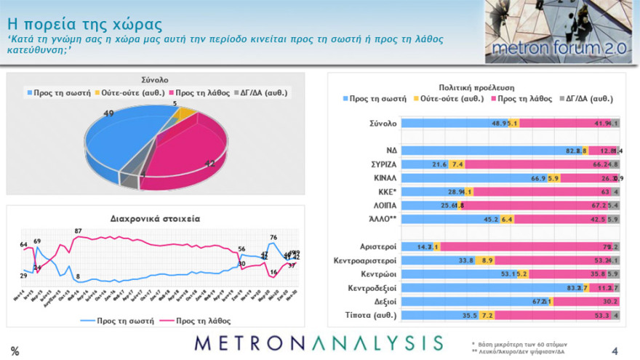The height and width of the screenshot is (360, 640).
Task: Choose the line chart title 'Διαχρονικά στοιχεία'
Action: click(155, 217)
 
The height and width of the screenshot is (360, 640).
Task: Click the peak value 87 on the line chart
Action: click(78, 231)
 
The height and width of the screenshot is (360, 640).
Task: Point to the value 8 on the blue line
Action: click(78, 277)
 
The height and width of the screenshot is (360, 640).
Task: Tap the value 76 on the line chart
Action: click(273, 237)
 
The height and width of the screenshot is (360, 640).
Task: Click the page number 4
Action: click(615, 351)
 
